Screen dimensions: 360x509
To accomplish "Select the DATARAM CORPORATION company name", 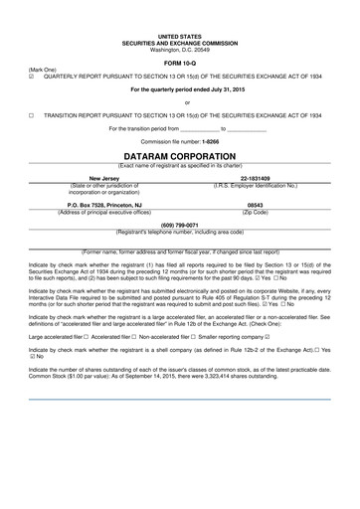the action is [x=179, y=156].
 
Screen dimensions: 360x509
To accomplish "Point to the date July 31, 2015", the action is [x=209, y=90].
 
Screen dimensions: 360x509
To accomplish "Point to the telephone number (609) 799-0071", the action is [x=179, y=225].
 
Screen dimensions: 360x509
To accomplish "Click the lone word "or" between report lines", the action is [x=179, y=102].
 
